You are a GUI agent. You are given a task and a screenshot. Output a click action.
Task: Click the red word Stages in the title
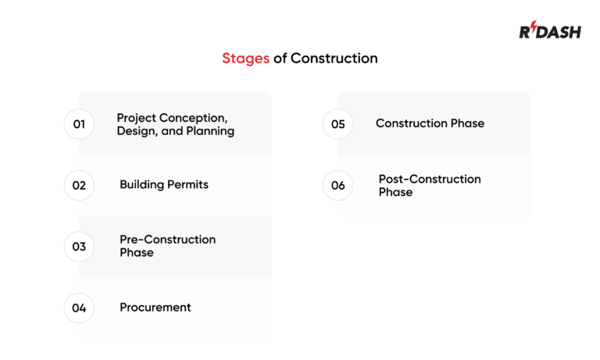[x=245, y=59]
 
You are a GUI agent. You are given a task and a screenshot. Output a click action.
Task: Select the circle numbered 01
[x=79, y=124]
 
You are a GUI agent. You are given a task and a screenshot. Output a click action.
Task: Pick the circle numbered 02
[x=79, y=185]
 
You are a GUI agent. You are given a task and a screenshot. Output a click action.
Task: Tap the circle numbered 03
[x=79, y=247]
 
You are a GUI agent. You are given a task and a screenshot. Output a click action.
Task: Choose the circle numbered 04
[x=79, y=308]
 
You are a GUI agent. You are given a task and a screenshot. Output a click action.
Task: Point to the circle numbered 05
[x=337, y=124]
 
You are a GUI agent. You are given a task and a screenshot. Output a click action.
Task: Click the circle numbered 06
[x=337, y=185]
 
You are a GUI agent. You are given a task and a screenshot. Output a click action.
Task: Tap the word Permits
[x=187, y=185]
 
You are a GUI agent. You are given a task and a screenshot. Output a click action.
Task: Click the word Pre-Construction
[x=167, y=240]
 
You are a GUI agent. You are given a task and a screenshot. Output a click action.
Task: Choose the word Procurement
[x=155, y=308]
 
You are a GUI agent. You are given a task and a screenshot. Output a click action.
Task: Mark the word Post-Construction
[x=430, y=179]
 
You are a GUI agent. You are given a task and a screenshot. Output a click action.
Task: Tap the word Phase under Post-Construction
[x=395, y=192]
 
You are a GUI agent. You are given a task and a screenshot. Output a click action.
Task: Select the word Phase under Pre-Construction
[x=136, y=253]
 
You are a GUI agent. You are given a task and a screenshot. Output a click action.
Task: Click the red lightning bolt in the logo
[x=534, y=29]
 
